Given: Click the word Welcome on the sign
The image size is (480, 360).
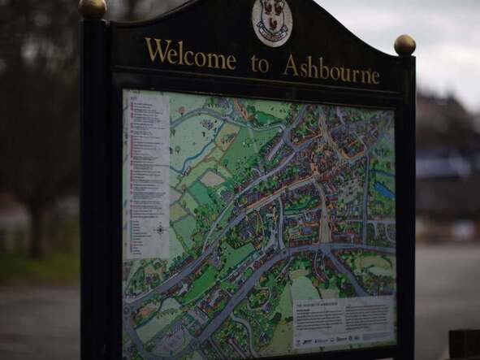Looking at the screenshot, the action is click(x=190, y=54).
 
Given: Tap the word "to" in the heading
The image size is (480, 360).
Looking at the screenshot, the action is click(x=260, y=64).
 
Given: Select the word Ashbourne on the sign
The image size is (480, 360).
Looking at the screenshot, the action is click(x=331, y=70).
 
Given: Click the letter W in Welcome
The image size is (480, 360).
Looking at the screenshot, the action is click(x=156, y=50).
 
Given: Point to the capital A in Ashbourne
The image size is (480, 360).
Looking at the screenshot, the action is click(x=290, y=66).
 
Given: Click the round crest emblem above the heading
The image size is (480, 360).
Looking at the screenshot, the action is click(x=272, y=21).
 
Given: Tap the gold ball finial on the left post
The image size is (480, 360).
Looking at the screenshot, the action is click(x=93, y=8).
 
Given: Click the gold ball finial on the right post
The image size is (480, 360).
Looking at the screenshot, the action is click(x=404, y=45).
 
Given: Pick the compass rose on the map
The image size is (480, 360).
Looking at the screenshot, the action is click(x=160, y=230).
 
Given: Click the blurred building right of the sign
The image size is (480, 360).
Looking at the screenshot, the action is click(x=448, y=163).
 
